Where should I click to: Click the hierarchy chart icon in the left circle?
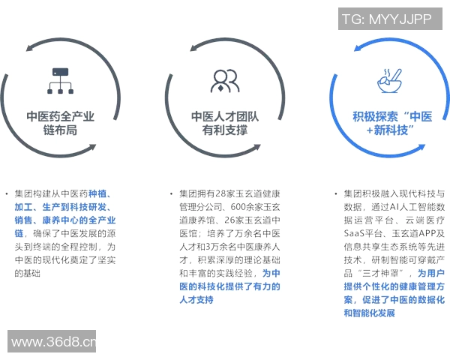click(59, 79)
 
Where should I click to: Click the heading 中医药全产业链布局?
click(60, 123)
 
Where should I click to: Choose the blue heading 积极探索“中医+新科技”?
click(389, 123)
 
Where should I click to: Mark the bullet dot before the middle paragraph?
click(172, 193)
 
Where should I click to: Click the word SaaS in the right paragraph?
click(356, 233)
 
